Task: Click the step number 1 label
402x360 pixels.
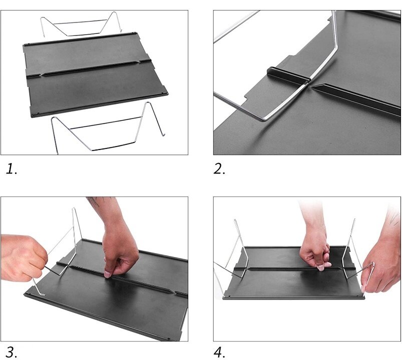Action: point(12,169)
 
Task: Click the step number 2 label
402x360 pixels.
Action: point(219,169)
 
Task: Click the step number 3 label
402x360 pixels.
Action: point(12,352)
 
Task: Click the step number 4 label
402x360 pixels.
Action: point(219,352)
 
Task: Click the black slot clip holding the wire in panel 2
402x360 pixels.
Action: point(287,75)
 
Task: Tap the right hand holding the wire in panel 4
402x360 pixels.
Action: point(379,269)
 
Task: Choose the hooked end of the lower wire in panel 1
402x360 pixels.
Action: point(163,133)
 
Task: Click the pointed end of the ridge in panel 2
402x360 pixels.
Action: point(311,86)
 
